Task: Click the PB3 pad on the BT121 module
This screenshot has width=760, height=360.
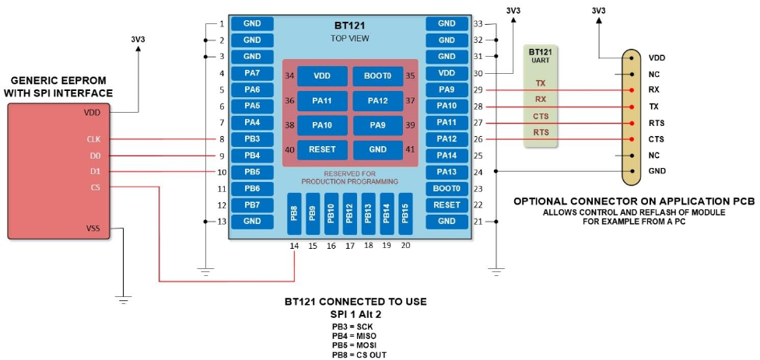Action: pos(252,139)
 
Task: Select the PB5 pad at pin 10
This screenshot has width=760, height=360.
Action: pos(252,172)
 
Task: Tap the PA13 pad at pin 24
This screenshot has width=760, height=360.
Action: pos(447,172)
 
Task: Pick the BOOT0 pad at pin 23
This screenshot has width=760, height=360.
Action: pos(447,188)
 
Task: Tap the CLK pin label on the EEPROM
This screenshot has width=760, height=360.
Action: pos(94,139)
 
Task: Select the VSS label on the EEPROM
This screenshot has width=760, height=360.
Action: pos(94,229)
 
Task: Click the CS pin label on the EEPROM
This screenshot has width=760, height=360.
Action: pos(94,187)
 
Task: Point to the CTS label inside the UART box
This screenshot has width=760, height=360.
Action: pos(541,117)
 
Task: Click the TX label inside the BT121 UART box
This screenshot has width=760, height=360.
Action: pos(541,82)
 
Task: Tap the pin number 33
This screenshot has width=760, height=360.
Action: pos(478,23)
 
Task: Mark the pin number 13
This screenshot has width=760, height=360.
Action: pos(221,222)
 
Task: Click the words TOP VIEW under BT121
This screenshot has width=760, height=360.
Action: pos(349,38)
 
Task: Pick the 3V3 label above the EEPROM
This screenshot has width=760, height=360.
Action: pos(139,38)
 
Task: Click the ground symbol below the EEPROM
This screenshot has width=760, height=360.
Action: pos(122,297)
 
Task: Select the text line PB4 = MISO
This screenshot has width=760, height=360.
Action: pos(355,336)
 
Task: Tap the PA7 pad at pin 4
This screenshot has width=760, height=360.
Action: pos(252,73)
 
